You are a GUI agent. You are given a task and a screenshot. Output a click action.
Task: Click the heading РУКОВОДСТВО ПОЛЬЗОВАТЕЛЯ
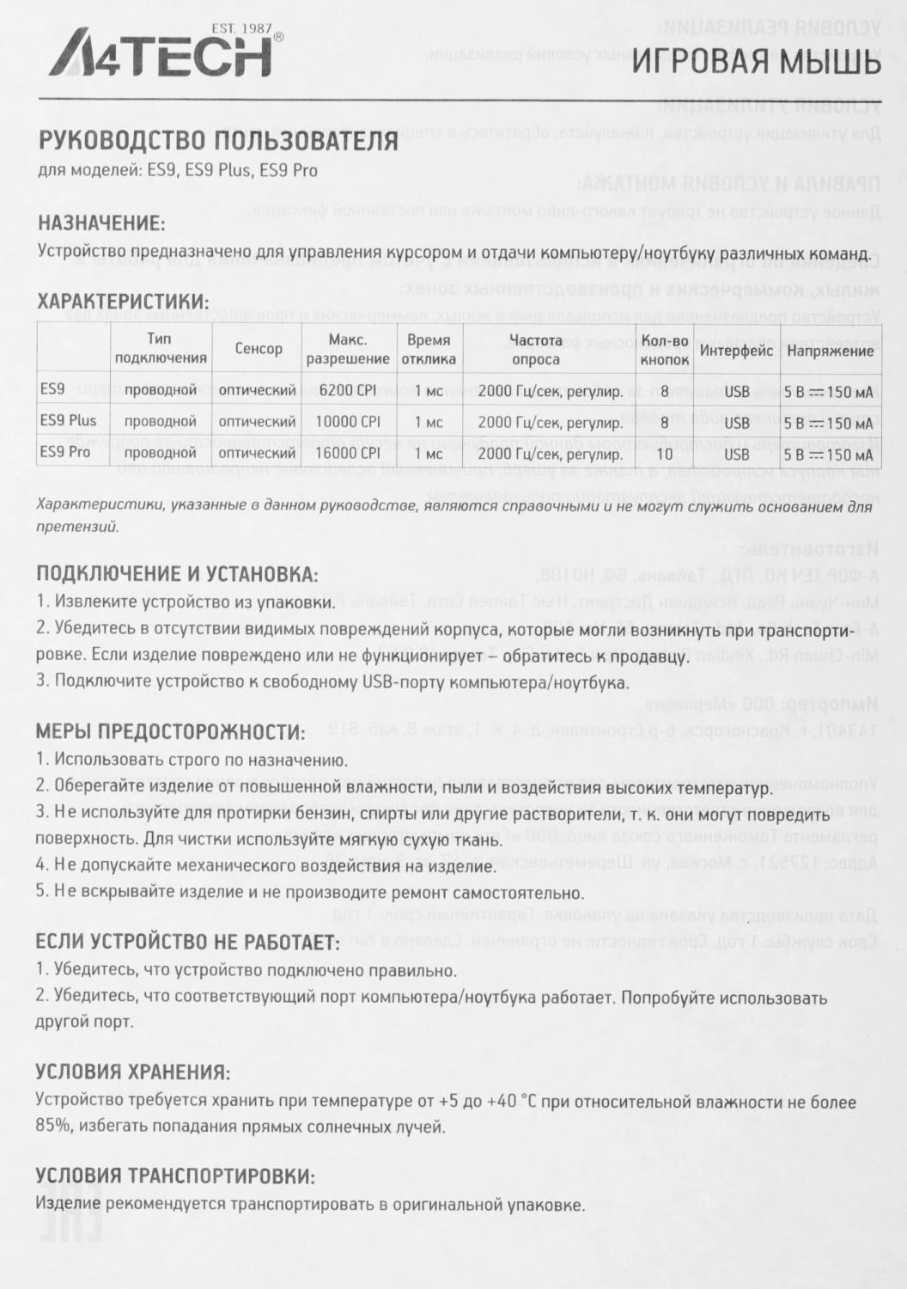(218, 141)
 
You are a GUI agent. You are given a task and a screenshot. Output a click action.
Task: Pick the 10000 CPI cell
(348, 422)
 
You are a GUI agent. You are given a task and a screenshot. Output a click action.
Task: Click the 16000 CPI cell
(348, 453)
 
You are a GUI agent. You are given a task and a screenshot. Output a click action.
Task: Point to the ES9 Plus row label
(69, 421)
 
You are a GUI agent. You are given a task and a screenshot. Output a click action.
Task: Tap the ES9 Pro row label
(65, 452)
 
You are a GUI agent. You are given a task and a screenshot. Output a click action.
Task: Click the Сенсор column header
(259, 349)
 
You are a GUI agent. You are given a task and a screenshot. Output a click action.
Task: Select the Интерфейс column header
(736, 351)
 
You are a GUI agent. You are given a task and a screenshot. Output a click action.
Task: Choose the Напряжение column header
(830, 351)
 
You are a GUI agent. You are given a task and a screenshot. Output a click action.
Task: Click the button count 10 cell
(664, 453)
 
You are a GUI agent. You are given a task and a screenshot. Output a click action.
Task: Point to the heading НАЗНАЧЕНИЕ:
(101, 223)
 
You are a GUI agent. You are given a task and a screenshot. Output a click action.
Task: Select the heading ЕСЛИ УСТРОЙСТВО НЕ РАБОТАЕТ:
(188, 942)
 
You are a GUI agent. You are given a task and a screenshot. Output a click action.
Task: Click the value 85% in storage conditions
(53, 1126)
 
